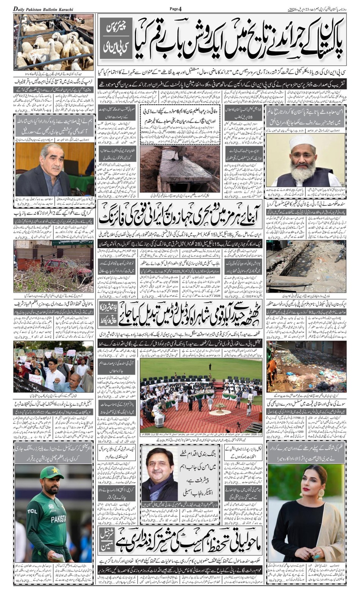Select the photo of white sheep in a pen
point(53,42)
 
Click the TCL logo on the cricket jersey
point(32,512)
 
